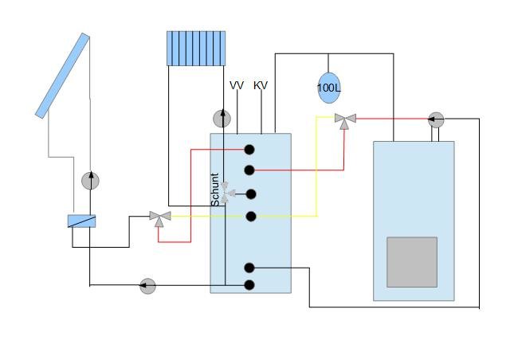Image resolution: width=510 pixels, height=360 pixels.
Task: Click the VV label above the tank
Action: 237,85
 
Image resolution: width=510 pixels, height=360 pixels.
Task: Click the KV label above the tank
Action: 261,85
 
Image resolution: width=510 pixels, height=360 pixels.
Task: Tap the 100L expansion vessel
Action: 329,88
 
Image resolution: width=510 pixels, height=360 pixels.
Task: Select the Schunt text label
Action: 214,190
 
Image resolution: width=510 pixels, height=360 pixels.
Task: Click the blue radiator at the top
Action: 196,49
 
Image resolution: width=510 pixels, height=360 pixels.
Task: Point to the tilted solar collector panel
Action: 62,76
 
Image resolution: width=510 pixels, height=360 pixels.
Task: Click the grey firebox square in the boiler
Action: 412,262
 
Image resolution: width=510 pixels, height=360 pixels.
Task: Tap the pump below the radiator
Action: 222,119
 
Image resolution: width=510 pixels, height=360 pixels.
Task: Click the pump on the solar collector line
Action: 90,181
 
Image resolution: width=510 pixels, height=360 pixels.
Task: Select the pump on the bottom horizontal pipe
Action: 147,286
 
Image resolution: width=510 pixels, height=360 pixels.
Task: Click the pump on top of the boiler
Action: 436,119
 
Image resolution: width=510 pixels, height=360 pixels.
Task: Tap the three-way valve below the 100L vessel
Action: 345,120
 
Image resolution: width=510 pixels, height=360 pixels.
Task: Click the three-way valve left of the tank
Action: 160,218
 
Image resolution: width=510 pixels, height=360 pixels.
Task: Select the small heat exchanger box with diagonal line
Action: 81,221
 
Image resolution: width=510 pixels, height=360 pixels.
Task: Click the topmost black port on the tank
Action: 249,150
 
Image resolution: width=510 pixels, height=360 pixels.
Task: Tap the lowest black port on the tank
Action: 249,285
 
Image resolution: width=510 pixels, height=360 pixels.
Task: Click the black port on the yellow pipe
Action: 251,217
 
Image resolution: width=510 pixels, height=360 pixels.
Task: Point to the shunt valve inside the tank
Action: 226,193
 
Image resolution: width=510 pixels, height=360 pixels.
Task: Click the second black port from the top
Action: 249,170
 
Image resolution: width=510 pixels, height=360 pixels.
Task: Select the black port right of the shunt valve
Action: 251,194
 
